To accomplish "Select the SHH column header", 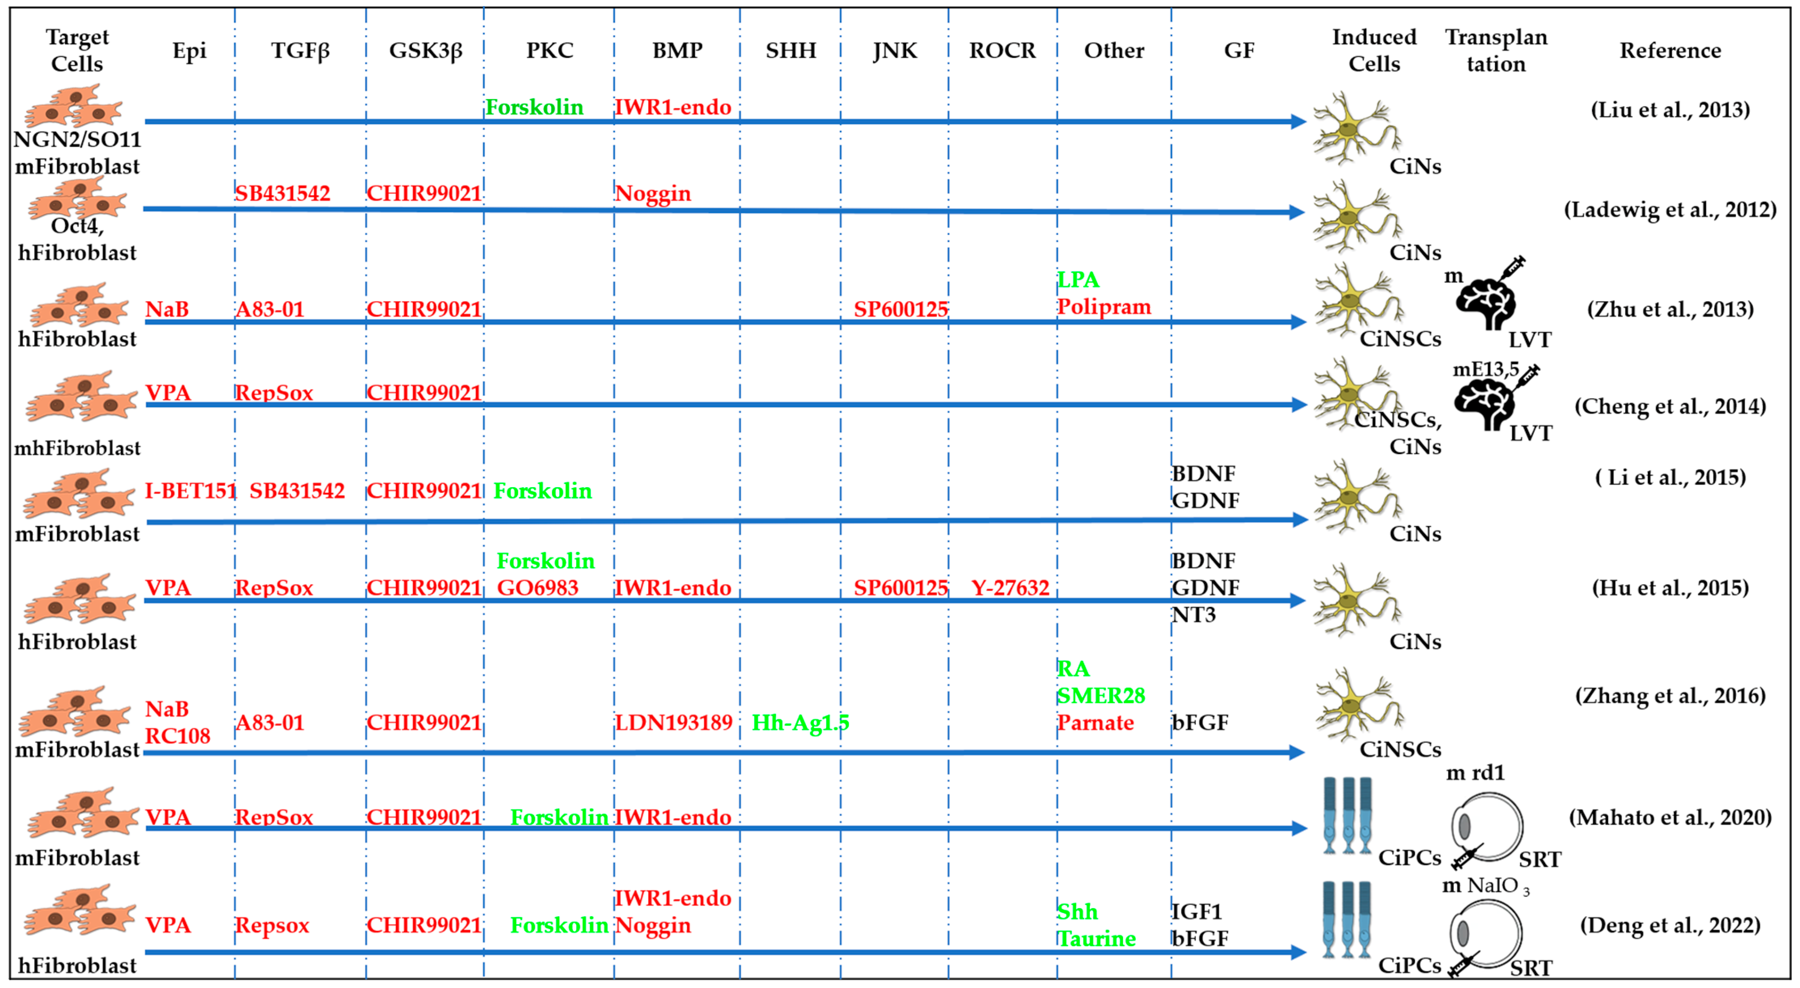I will pyautogui.click(x=790, y=50).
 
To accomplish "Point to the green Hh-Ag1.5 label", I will pyautogui.click(x=800, y=722).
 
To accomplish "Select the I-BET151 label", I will pyautogui.click(x=190, y=490).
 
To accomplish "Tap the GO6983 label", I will pyautogui.click(x=537, y=588).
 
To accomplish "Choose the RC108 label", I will pyautogui.click(x=178, y=736).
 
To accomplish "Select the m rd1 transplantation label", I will pyautogui.click(x=1475, y=773).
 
